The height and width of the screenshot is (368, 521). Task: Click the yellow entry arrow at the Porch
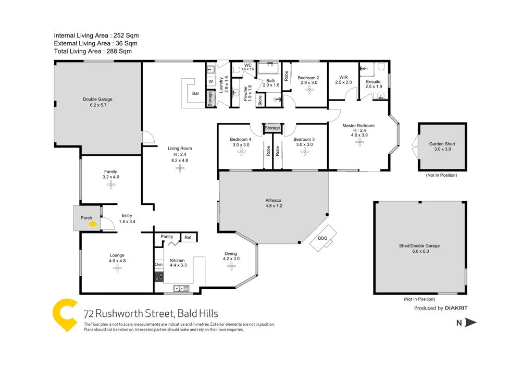point(93,224)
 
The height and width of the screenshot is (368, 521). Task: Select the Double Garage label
point(97,99)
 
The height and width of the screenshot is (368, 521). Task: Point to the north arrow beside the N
point(471,323)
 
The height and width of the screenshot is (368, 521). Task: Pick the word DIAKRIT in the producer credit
point(456,308)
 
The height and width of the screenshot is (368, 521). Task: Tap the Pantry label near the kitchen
point(167,237)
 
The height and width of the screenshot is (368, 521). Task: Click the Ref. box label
point(188,238)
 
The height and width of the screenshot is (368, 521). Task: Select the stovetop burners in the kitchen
point(159,277)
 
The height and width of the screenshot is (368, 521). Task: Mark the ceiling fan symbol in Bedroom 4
point(241,152)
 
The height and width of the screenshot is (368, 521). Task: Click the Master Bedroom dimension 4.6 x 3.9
point(358,134)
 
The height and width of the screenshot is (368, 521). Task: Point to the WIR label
point(343,76)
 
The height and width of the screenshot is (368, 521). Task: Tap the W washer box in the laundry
point(210,82)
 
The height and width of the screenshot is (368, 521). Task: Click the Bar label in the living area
point(196,93)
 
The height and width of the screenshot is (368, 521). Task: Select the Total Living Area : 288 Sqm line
point(93,52)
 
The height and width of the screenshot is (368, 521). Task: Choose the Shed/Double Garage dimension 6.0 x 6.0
point(419,251)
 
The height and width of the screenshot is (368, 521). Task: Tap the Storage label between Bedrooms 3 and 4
point(272,128)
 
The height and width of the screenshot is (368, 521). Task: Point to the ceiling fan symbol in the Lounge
point(117,268)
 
